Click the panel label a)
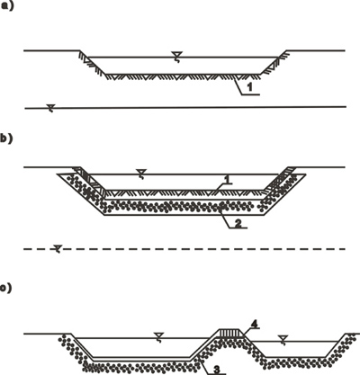click(x=7, y=6)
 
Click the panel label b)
click(x=6, y=139)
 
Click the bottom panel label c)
click(x=6, y=288)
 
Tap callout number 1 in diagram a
click(x=249, y=87)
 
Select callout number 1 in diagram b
click(x=227, y=180)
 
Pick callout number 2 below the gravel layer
click(x=238, y=223)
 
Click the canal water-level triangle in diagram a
click(x=176, y=55)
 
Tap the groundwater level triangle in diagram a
click(x=51, y=106)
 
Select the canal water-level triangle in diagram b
click(x=141, y=172)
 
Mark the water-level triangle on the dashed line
click(x=58, y=247)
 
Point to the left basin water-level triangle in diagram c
click(x=157, y=335)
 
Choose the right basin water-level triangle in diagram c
click(x=282, y=338)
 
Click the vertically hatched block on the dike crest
click(x=230, y=333)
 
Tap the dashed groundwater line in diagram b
click(x=184, y=248)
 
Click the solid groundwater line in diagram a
click(x=185, y=107)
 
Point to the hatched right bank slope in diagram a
click(x=274, y=62)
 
